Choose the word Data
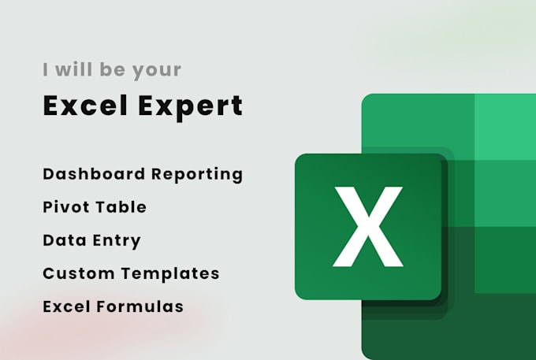[61, 240]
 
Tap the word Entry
[117, 240]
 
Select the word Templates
[173, 274]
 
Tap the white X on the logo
[368, 226]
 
